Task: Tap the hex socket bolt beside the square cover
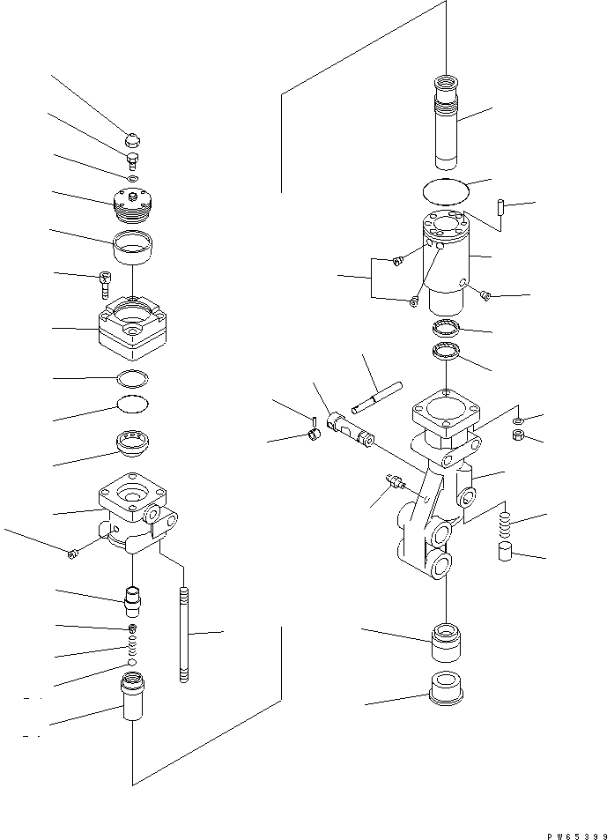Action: pyautogui.click(x=104, y=285)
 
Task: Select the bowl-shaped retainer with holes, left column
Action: pyautogui.click(x=132, y=443)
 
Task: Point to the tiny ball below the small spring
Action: pyautogui.click(x=131, y=662)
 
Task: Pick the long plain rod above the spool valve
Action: pyautogui.click(x=377, y=396)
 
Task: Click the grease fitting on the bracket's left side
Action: pyautogui.click(x=394, y=481)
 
